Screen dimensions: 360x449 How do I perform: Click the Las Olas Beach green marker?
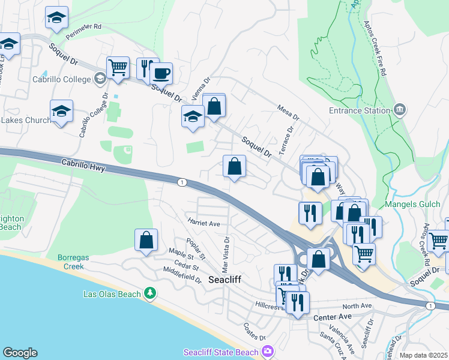150,293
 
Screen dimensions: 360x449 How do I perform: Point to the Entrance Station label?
360,110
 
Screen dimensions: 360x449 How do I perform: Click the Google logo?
20,353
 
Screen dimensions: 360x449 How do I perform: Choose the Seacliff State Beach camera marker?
268,351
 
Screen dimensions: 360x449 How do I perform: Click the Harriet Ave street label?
204,223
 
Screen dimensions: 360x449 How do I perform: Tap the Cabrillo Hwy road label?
83,165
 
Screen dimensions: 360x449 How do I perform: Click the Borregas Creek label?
73,262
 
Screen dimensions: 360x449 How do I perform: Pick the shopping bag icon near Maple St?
146,241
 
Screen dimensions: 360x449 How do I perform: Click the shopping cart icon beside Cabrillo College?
118,68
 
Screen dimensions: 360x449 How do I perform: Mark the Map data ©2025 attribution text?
423,355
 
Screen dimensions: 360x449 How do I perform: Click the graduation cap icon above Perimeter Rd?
56,18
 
